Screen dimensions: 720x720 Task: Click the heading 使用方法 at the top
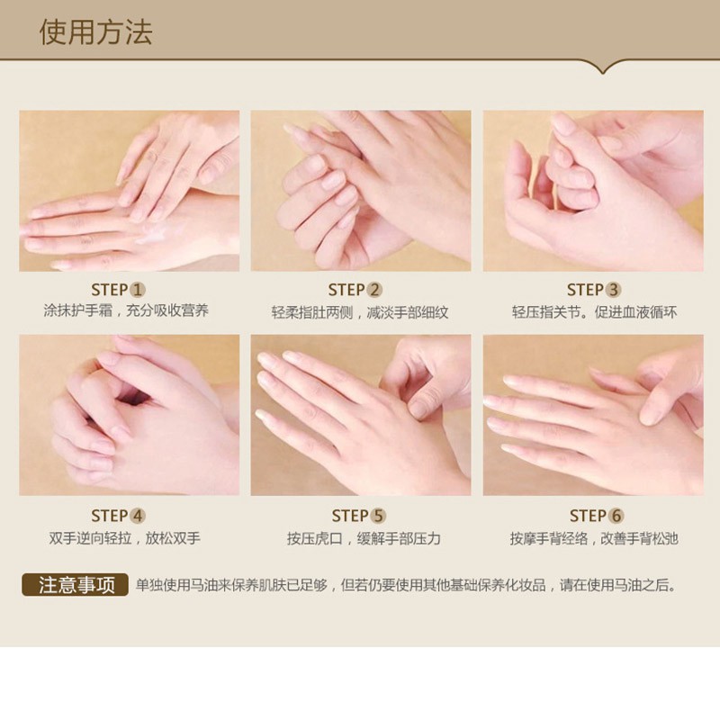(95, 32)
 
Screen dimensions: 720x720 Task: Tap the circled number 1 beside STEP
(138, 290)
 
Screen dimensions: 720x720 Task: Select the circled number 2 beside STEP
(374, 290)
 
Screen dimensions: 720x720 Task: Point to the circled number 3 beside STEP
(614, 290)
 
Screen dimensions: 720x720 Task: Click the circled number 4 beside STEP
(138, 516)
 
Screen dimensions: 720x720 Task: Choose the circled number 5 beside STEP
(378, 516)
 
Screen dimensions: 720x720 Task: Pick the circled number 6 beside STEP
(616, 516)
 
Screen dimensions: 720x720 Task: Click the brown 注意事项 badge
(75, 585)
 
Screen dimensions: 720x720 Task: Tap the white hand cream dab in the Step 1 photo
(155, 234)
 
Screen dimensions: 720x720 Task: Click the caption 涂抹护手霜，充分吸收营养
(126, 310)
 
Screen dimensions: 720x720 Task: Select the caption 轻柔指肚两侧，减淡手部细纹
(360, 312)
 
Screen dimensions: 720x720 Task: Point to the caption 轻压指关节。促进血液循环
(594, 312)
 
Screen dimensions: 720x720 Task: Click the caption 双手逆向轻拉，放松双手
(125, 538)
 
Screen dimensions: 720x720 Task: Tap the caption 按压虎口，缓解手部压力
(364, 538)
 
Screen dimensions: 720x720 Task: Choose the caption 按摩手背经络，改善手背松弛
(594, 538)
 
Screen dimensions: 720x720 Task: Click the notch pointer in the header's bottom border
(603, 69)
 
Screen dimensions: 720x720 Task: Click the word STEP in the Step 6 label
(588, 516)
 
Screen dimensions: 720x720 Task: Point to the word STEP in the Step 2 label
(346, 290)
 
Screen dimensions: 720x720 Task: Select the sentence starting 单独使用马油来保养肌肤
(406, 586)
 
